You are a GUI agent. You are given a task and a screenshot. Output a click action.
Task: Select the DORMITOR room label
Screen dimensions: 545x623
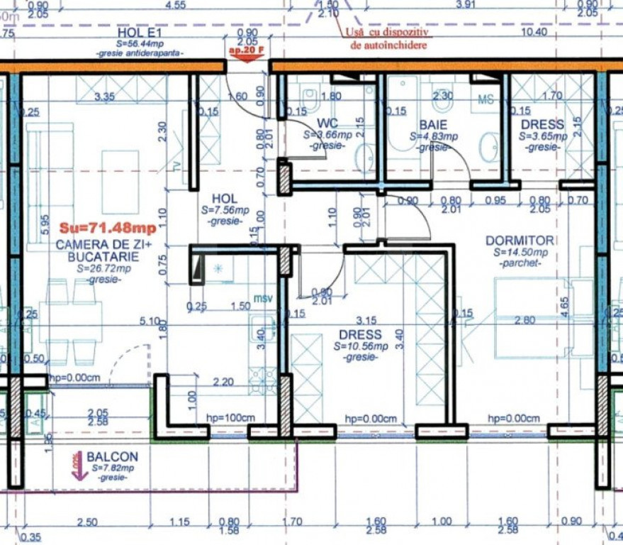click(520, 241)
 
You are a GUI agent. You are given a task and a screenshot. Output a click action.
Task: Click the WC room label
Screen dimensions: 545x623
click(327, 123)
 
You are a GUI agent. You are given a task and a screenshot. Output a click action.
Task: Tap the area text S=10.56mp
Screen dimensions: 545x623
click(360, 346)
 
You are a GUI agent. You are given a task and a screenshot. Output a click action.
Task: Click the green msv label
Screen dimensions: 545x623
click(264, 299)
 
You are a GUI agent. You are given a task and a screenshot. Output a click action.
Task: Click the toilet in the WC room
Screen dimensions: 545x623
click(310, 94)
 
